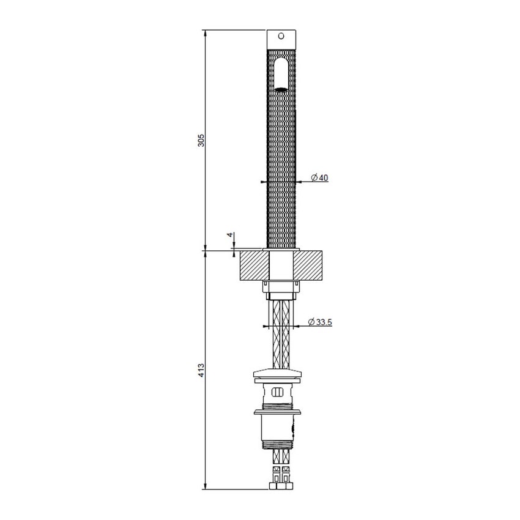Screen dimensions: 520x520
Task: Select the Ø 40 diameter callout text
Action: (x=319, y=177)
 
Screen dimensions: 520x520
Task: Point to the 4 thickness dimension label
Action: (x=230, y=235)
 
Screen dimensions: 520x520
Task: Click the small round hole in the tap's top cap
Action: (x=281, y=36)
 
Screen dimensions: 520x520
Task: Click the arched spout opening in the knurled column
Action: (x=281, y=72)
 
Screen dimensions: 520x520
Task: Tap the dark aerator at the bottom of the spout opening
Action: (x=281, y=89)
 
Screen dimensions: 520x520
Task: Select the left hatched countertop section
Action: (x=254, y=265)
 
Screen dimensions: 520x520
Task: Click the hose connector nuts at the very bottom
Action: (x=282, y=486)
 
